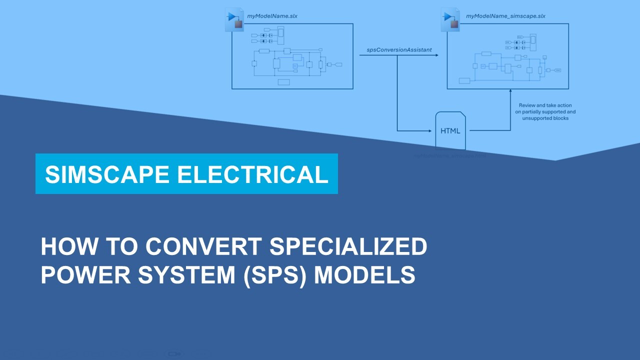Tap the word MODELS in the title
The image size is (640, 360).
click(364, 275)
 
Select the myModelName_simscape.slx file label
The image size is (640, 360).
click(505, 16)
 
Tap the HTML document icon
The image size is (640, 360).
click(450, 130)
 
